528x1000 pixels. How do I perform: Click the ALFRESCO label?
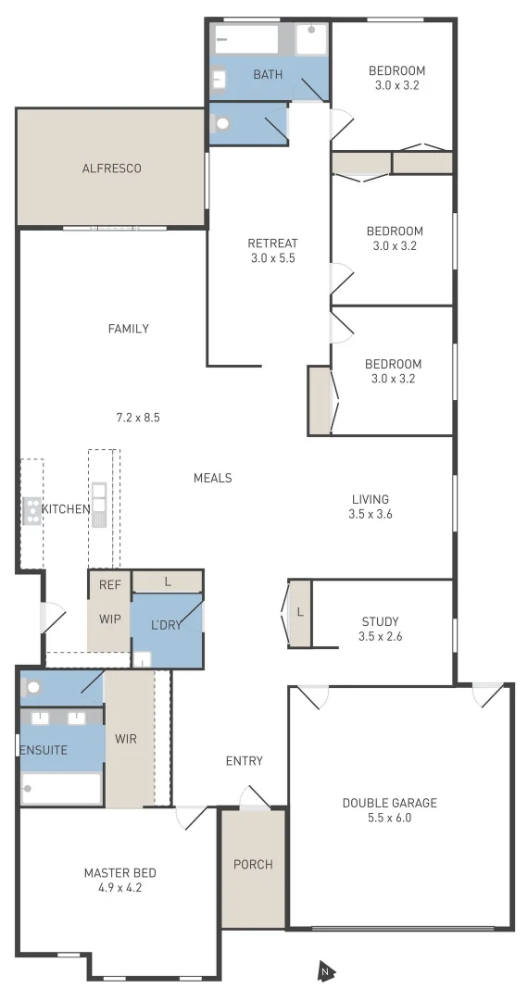point(112,169)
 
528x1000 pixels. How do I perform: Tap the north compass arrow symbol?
point(325,971)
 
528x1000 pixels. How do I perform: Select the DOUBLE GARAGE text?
point(389,803)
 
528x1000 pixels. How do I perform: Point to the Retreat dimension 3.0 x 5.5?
point(272,258)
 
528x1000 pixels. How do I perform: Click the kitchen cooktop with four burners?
point(32,509)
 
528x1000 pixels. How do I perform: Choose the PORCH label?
point(253,865)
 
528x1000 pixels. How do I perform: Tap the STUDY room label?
point(380,621)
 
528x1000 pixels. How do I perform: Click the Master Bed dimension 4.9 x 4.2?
point(119,887)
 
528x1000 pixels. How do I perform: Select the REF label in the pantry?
point(110,584)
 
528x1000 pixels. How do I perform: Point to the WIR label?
point(126,740)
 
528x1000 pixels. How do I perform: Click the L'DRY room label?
point(166,625)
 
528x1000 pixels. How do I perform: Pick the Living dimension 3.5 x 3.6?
point(371,514)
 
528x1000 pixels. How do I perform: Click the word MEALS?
point(212,478)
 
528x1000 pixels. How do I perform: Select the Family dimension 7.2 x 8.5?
point(138,418)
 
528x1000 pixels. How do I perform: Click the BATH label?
point(268,74)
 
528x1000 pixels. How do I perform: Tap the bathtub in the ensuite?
point(60,789)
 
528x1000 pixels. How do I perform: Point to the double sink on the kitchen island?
point(98,505)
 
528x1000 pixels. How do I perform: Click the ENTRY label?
point(245,761)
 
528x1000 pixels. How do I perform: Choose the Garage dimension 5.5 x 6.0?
point(389,818)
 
